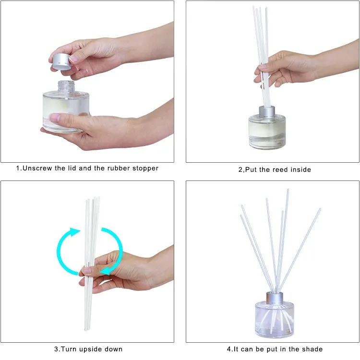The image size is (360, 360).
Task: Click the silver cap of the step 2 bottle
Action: click(x=266, y=111)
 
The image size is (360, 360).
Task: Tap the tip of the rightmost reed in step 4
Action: click(x=319, y=210)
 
